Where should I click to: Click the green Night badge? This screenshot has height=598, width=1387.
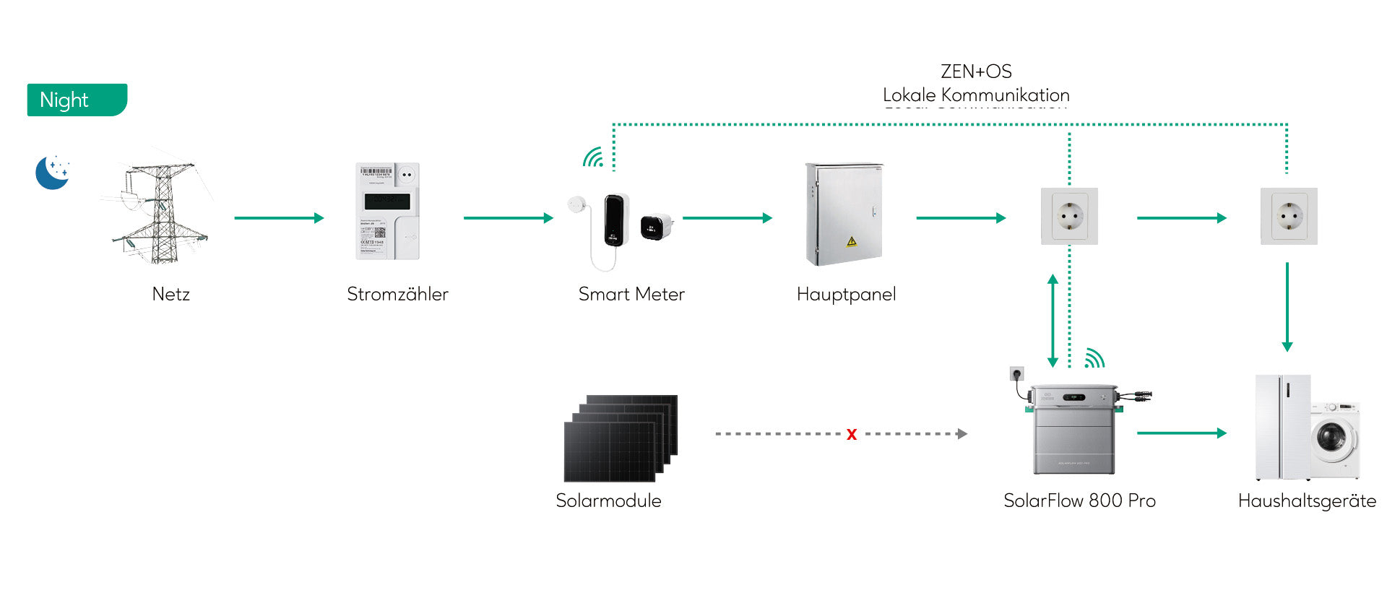pyautogui.click(x=77, y=100)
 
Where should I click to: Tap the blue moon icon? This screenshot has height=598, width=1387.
pyautogui.click(x=52, y=173)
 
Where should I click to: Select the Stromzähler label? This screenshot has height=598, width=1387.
pyautogui.click(x=397, y=294)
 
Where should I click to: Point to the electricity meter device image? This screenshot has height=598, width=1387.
pyautogui.click(x=388, y=211)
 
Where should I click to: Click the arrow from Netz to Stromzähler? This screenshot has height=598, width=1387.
pyautogui.click(x=279, y=217)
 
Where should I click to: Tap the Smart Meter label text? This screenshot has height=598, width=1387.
pyautogui.click(x=631, y=294)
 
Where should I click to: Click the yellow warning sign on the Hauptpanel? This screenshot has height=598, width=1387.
pyautogui.click(x=852, y=241)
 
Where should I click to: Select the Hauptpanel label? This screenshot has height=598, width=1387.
pyautogui.click(x=846, y=294)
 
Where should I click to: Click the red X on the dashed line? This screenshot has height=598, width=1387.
pyautogui.click(x=852, y=434)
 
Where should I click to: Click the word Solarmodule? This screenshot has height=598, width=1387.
pyautogui.click(x=608, y=500)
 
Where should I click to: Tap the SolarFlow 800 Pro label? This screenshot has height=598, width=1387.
pyautogui.click(x=1079, y=500)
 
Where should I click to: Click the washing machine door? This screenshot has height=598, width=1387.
pyautogui.click(x=1331, y=437)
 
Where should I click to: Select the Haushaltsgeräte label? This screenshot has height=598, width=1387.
pyautogui.click(x=1307, y=500)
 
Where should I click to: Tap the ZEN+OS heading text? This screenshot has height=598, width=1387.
pyautogui.click(x=976, y=71)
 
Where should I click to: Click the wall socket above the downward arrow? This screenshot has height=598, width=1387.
pyautogui.click(x=1289, y=216)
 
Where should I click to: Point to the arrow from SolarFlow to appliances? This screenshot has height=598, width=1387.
pyautogui.click(x=1181, y=433)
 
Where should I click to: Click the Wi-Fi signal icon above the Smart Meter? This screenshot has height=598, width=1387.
pyautogui.click(x=594, y=157)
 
